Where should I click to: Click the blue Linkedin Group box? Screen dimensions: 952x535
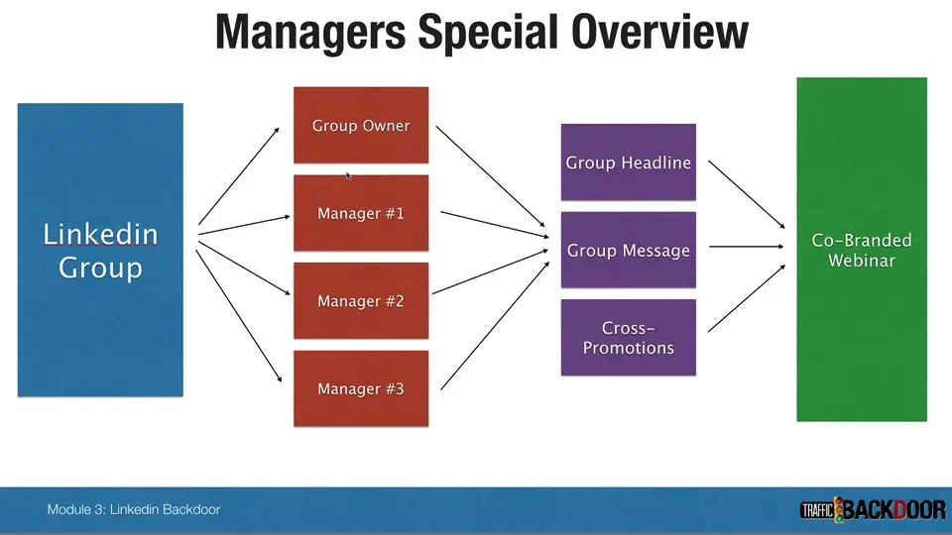[x=100, y=250]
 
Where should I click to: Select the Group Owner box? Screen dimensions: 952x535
[x=361, y=125]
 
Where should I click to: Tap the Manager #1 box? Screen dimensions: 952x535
[x=361, y=213]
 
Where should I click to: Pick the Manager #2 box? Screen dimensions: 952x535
[x=361, y=301]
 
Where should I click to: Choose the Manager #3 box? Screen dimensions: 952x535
[x=361, y=388]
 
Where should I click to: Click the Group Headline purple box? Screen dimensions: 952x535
[x=629, y=161]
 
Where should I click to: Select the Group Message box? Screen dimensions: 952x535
[x=629, y=250]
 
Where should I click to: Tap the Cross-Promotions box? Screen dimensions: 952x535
[x=629, y=337]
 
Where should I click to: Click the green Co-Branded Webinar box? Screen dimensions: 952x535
[x=862, y=250]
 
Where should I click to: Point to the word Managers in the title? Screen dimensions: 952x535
[x=310, y=32]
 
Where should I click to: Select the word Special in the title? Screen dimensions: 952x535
[x=488, y=32]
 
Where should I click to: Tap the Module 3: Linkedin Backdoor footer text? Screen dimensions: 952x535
[x=134, y=509]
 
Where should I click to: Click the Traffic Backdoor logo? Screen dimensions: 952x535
[x=873, y=510]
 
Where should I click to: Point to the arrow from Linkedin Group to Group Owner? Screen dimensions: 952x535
[x=239, y=176]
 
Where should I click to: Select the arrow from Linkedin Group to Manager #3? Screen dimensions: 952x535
[x=239, y=316]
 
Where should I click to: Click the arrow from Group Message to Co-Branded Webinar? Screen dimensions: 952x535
[x=746, y=247]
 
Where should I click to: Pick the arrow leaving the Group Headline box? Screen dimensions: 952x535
[x=747, y=195]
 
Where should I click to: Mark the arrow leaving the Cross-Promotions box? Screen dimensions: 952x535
[x=747, y=298]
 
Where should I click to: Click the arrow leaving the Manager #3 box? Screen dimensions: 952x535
[x=495, y=326]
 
